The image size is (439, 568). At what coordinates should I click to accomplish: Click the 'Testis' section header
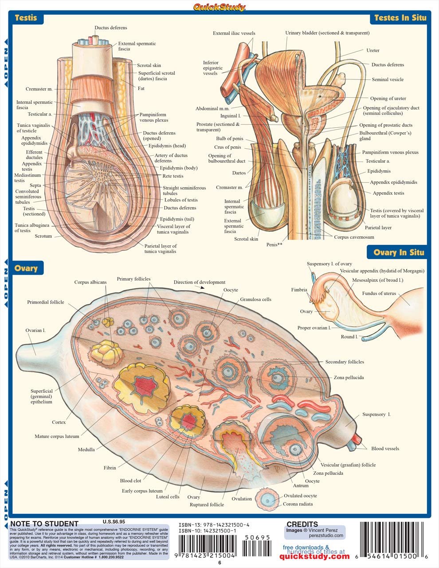[26, 18]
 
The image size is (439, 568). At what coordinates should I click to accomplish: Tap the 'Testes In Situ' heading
[400, 18]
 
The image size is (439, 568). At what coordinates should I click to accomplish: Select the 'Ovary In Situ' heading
[399, 252]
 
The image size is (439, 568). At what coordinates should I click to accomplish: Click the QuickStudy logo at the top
[219, 7]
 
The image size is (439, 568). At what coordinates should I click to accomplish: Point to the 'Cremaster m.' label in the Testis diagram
[39, 89]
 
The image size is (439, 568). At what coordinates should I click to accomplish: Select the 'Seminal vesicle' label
[388, 80]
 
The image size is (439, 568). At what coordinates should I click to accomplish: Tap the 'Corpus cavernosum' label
[354, 237]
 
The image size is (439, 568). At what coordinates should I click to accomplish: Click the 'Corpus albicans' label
[90, 282]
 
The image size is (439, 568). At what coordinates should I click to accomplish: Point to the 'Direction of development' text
[199, 282]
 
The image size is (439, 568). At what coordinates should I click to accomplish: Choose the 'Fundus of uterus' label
[379, 293]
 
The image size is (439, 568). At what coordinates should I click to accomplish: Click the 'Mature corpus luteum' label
[57, 437]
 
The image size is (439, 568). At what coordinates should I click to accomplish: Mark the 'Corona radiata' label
[298, 504]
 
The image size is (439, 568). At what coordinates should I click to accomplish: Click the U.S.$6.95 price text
[114, 522]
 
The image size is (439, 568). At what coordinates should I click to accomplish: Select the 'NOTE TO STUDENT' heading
[44, 524]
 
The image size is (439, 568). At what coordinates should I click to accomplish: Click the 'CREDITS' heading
[302, 524]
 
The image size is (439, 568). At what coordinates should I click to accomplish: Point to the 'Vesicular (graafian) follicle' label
[348, 465]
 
